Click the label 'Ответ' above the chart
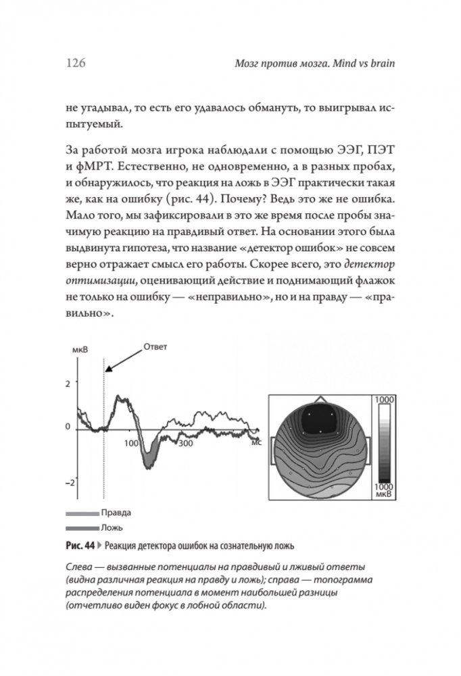pyautogui.click(x=155, y=346)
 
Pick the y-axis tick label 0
pyautogui.click(x=67, y=427)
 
